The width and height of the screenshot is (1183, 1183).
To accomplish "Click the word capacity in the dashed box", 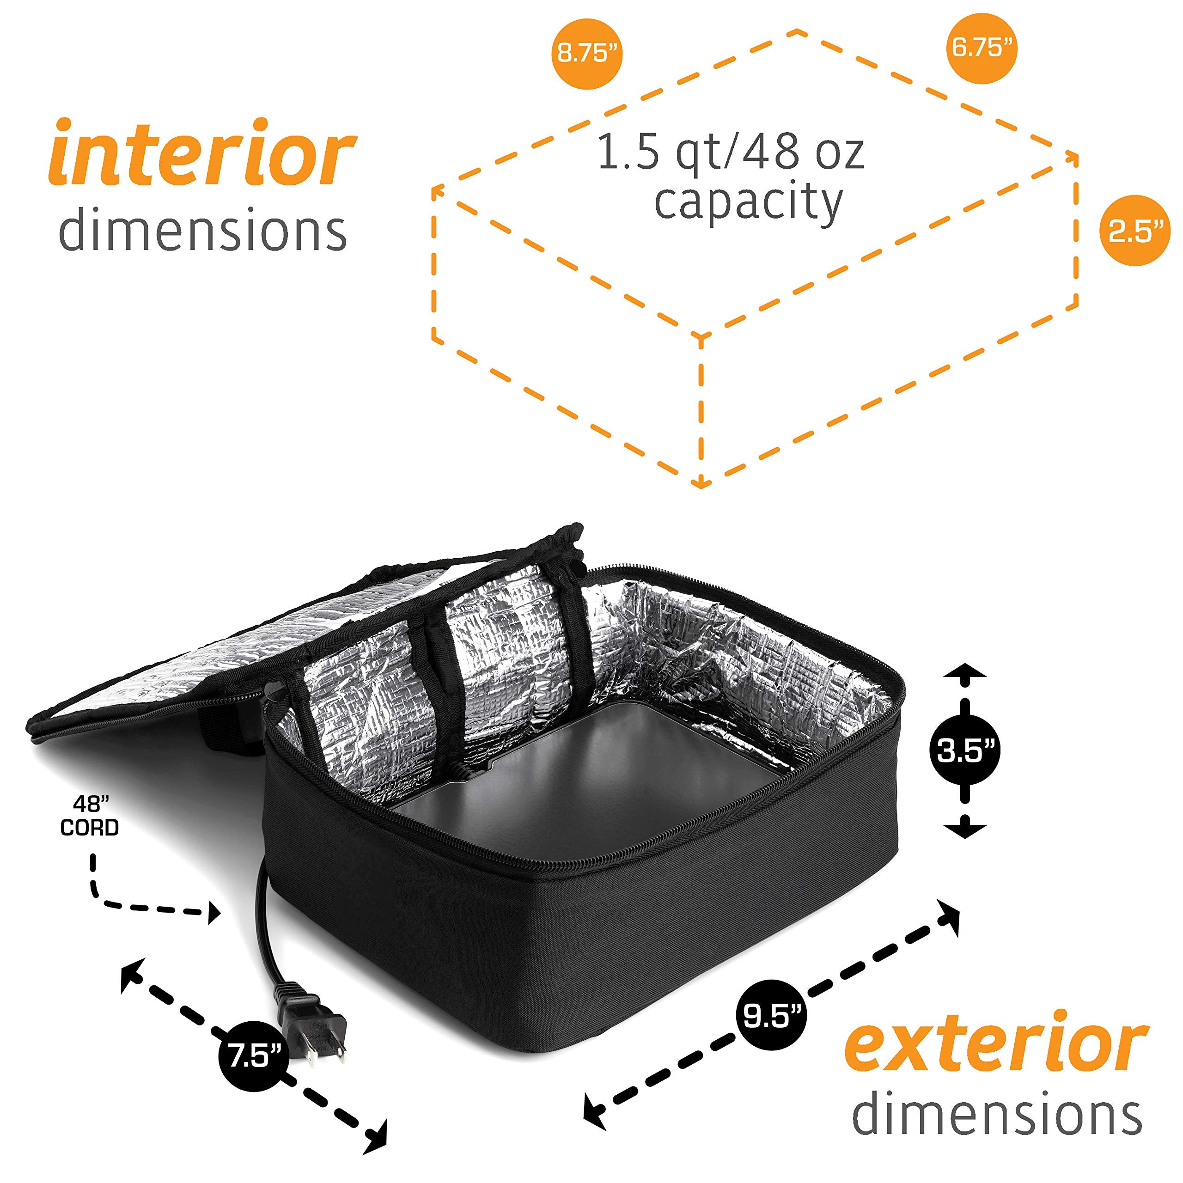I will coord(748,203).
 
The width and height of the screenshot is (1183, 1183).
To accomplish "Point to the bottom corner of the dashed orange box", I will coord(703,484).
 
